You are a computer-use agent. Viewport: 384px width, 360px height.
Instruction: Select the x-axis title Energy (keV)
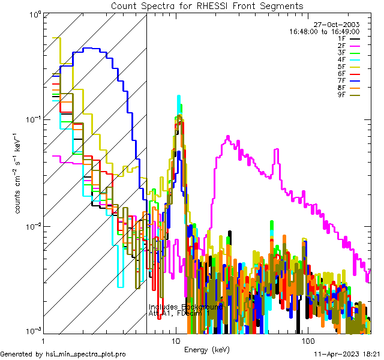point(206,350)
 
